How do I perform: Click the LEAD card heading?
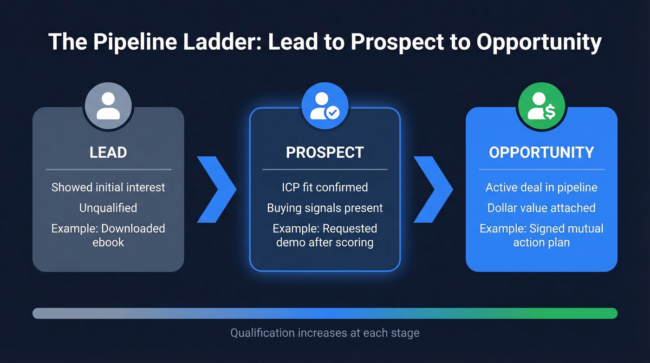(108, 152)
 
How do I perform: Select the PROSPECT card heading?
(325, 152)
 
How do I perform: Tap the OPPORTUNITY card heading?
(541, 152)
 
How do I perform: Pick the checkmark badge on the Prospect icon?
(332, 112)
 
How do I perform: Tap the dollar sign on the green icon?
(550, 112)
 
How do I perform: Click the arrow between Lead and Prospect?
(216, 189)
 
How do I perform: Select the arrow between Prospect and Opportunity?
(433, 189)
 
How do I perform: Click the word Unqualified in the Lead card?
(108, 208)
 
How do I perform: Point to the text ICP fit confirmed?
(325, 187)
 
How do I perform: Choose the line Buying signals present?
(325, 208)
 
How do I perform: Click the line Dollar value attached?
(541, 208)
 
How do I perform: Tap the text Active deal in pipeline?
(541, 187)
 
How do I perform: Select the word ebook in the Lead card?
(108, 242)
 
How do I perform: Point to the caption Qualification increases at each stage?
(325, 333)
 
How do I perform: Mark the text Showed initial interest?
(108, 187)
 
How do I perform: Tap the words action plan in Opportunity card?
(541, 242)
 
